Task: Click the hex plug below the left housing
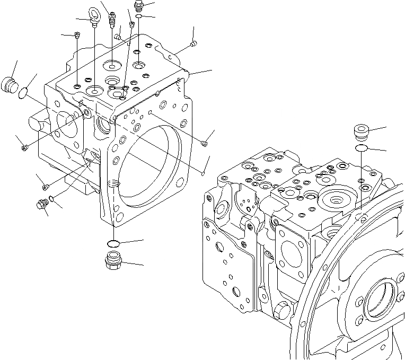click(x=113, y=261)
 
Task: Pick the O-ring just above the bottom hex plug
click(x=112, y=243)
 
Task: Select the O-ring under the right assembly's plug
click(x=362, y=147)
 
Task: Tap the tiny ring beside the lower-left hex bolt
click(x=50, y=199)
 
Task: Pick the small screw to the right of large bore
click(x=205, y=142)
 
